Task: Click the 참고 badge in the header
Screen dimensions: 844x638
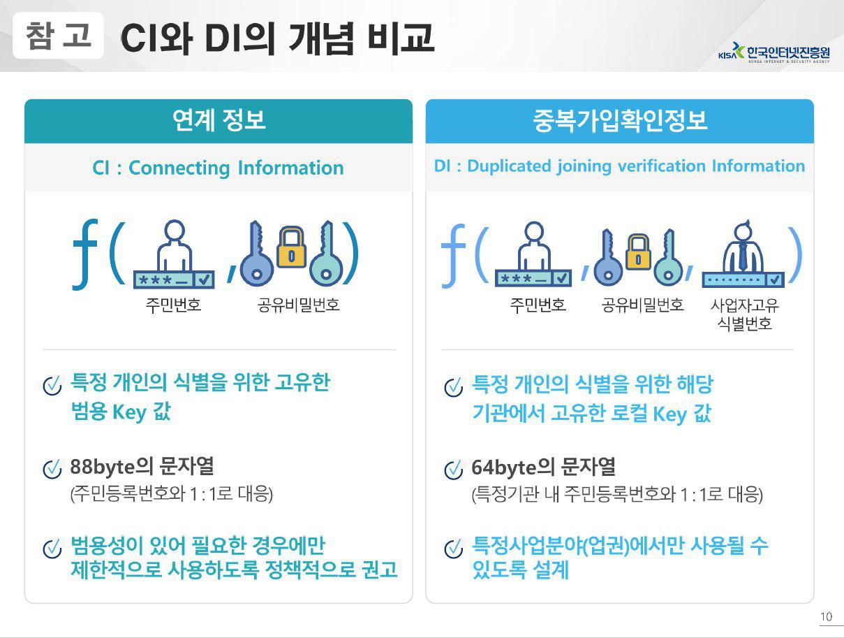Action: [x=58, y=36]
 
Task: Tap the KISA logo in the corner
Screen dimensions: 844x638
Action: [x=774, y=52]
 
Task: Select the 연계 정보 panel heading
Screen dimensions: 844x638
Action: [x=219, y=120]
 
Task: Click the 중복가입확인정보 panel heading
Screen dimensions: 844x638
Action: [x=620, y=120]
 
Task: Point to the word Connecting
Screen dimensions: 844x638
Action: [x=179, y=168]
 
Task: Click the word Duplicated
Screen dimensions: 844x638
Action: [x=510, y=166]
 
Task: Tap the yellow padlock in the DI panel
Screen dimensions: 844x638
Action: [x=637, y=252]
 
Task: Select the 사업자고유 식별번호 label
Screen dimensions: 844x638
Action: [x=744, y=314]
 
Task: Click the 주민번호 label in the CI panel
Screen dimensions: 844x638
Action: [x=173, y=305]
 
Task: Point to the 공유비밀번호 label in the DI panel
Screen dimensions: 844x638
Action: [x=642, y=305]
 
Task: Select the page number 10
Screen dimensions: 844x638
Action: [x=826, y=616]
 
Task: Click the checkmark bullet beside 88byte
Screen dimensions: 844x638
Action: [x=52, y=469]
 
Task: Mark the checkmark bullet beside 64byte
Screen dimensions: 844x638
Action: [x=454, y=470]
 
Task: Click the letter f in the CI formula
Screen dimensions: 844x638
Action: [x=85, y=254]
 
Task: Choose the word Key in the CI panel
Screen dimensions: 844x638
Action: [x=130, y=412]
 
